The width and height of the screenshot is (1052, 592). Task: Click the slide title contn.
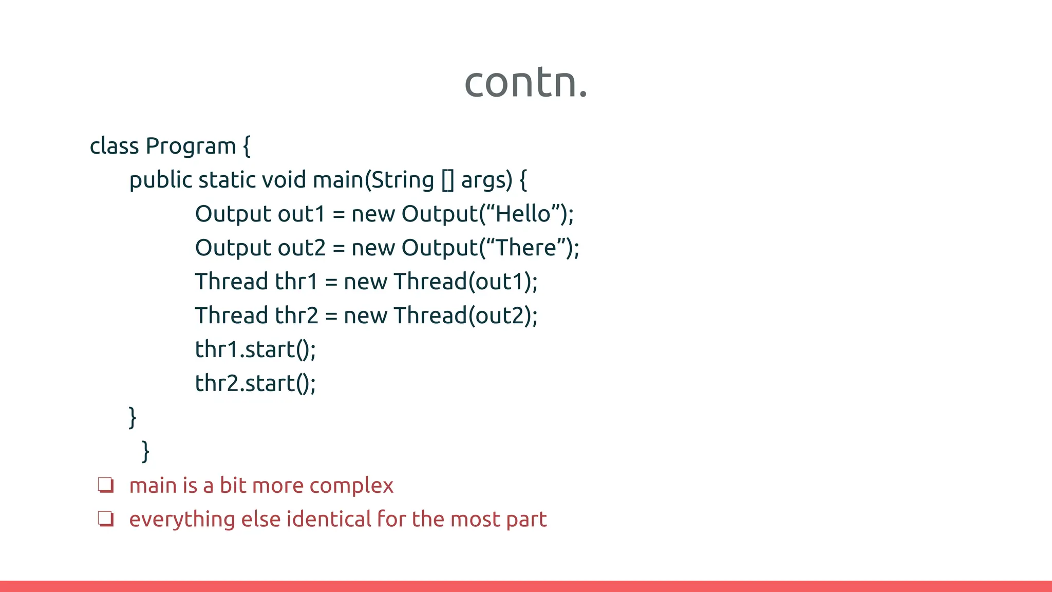pos(525,82)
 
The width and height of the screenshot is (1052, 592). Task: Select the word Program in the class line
pos(190,146)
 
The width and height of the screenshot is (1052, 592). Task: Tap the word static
pos(227,180)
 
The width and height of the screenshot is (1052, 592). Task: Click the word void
pos(284,180)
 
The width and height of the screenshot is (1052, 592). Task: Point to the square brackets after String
pos(447,180)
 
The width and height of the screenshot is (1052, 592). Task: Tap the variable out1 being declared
pos(301,214)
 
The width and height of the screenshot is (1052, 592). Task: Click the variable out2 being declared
pos(301,248)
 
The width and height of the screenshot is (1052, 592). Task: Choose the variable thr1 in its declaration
pos(296,282)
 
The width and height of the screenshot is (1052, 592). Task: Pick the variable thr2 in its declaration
pos(296,316)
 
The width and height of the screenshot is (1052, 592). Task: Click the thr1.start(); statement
pos(255,349)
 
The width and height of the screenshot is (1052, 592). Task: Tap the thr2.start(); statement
pos(255,383)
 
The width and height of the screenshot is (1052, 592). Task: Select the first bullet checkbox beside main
pos(106,485)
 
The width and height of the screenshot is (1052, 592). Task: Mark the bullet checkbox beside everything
pos(106,519)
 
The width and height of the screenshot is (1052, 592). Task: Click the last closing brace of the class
pos(145,451)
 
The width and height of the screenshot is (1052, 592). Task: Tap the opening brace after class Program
pos(247,146)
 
